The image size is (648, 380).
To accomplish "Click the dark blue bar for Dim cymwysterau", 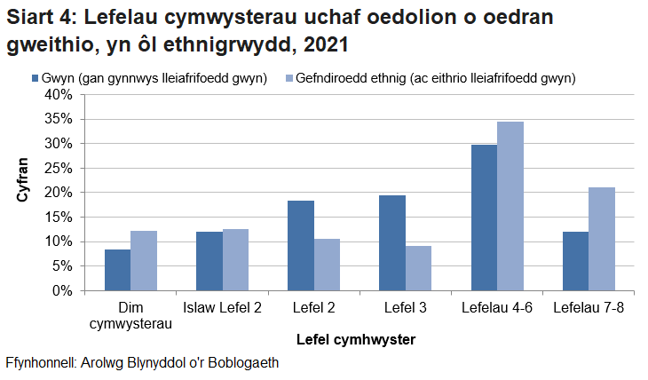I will click(x=117, y=270).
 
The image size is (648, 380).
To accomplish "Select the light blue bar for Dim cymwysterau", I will click(x=144, y=261).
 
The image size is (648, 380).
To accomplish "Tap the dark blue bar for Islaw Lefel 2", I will click(x=209, y=261).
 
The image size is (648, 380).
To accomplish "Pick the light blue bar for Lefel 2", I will click(x=327, y=265).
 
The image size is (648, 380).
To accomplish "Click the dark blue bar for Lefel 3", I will click(x=392, y=243).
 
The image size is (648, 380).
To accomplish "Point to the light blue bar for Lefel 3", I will click(x=418, y=268).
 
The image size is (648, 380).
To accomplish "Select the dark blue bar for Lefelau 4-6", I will click(x=484, y=218).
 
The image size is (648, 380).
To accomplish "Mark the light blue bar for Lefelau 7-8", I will click(x=602, y=239).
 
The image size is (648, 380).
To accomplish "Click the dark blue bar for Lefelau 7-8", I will click(x=575, y=261).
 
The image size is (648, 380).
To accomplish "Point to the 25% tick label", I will click(x=59, y=168).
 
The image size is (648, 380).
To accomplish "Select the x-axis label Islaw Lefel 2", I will click(x=223, y=308).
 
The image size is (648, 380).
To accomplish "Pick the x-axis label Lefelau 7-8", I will click(x=589, y=308).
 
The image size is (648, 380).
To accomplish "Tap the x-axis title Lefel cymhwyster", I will click(x=356, y=339).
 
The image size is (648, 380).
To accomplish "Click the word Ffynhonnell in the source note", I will click(x=41, y=362).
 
